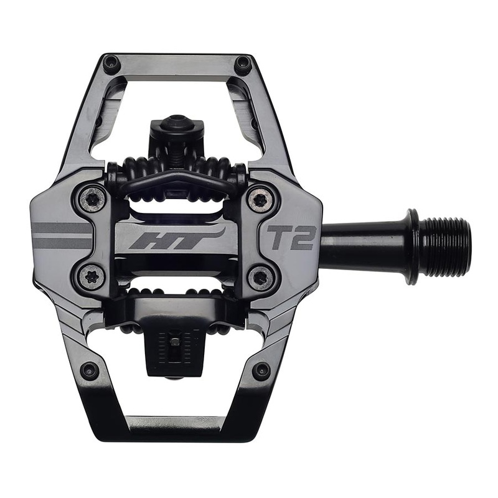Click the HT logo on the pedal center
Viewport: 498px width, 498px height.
click(176, 238)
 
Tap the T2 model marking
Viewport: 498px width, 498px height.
click(292, 237)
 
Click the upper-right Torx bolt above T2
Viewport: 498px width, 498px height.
click(259, 199)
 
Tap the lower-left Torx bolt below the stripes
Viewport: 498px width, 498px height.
click(93, 277)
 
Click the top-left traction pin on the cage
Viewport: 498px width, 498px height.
click(111, 63)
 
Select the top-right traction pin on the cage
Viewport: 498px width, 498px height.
click(242, 63)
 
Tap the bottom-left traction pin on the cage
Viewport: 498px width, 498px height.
click(89, 370)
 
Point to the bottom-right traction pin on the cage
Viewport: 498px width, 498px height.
click(261, 370)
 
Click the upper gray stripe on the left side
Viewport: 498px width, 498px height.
click(62, 228)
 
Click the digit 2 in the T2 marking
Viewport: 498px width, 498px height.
click(304, 237)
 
